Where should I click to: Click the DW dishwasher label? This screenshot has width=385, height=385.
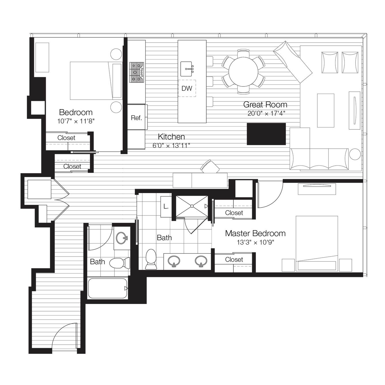(187, 88)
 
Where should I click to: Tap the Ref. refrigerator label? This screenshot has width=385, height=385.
(137, 118)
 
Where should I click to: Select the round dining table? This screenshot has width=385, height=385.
(243, 72)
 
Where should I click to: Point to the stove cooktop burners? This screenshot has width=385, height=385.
(137, 72)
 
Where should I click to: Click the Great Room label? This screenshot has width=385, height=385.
(265, 105)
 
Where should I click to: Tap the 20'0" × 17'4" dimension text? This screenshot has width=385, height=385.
(266, 114)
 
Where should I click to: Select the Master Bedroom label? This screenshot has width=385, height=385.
(255, 233)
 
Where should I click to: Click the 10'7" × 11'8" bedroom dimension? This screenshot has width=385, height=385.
(76, 121)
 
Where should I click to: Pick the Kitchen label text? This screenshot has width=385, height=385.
(171, 137)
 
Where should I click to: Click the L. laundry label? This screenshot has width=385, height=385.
(166, 207)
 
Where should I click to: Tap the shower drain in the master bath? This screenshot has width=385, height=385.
(192, 206)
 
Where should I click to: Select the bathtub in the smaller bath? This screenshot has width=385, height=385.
(107, 288)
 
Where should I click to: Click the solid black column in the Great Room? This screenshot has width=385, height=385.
(266, 134)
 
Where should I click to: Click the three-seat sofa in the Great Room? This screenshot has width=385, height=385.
(319, 159)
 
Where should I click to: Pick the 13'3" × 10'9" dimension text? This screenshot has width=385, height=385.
(255, 242)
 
